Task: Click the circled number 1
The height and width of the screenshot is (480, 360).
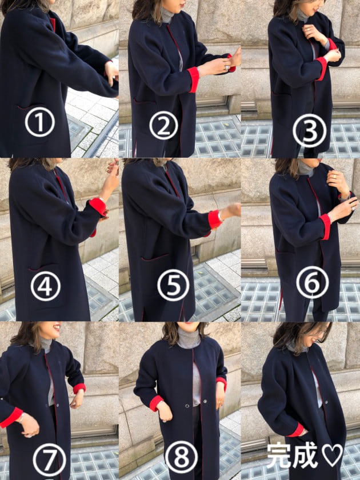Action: tap(40, 122)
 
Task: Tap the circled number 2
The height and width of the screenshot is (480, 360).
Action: tap(164, 125)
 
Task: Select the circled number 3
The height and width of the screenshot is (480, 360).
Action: tap(310, 130)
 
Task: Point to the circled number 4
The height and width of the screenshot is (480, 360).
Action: tap(46, 286)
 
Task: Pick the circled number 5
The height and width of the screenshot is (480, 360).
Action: tap(173, 285)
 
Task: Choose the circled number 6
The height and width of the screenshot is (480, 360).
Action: tap(312, 282)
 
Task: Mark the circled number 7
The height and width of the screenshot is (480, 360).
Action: tap(49, 460)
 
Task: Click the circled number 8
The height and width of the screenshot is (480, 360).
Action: tap(182, 457)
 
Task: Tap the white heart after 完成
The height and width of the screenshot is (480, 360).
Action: tap(333, 455)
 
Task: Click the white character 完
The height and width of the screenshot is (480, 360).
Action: tap(278, 455)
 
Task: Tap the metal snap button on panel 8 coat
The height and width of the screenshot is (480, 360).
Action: tap(187, 406)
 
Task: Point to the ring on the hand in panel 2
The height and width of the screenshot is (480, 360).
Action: tap(227, 67)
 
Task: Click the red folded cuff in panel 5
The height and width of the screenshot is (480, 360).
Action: tap(215, 219)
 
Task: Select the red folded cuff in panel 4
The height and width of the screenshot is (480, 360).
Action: tap(98, 206)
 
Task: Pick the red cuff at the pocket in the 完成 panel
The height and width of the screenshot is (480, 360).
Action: tap(297, 430)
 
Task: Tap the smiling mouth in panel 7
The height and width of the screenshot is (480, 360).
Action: tap(57, 328)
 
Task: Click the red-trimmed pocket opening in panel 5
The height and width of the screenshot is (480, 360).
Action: tap(155, 258)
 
